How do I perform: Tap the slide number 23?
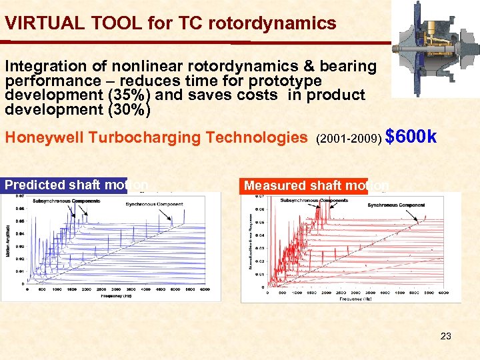445,336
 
